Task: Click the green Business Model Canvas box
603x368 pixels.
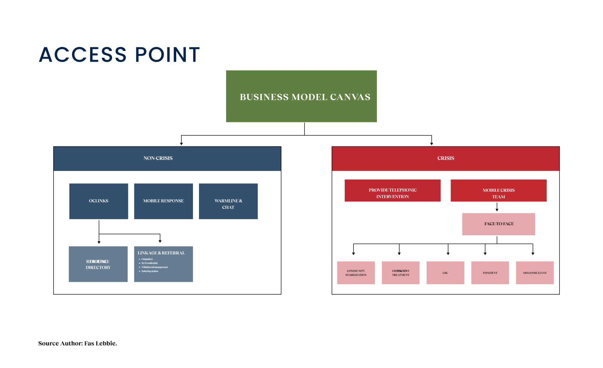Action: tap(301, 96)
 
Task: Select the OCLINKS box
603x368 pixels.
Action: tap(98, 201)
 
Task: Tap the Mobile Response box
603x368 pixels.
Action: tap(163, 201)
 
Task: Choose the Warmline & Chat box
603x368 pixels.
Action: tap(228, 201)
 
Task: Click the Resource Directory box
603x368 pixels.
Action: tap(98, 264)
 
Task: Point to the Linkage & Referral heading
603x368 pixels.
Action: tap(161, 253)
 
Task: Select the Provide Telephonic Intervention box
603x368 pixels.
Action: tap(393, 190)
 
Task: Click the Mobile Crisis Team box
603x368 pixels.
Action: tap(498, 190)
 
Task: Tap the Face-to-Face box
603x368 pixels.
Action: tap(498, 224)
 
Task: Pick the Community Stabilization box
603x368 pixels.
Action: tap(356, 273)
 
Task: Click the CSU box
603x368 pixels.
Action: tap(445, 273)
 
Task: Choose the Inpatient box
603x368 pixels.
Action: tap(490, 273)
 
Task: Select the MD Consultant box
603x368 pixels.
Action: tap(535, 273)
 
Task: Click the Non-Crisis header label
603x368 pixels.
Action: tap(158, 158)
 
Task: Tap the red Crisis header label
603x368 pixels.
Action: tap(446, 158)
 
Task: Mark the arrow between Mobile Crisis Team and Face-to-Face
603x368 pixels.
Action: tap(497, 207)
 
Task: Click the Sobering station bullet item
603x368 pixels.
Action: tap(150, 271)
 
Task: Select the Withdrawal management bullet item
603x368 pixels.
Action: tap(154, 267)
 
